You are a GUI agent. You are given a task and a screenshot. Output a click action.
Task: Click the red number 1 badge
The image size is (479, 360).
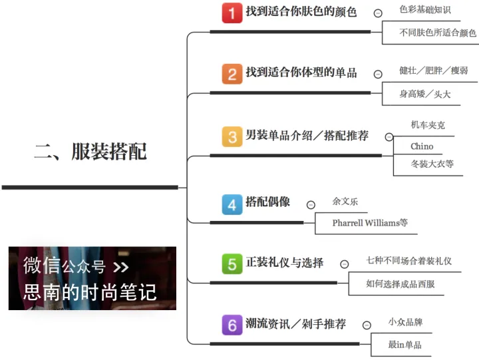tap(232, 13)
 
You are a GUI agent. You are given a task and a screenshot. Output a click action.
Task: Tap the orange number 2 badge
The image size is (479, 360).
tap(232, 74)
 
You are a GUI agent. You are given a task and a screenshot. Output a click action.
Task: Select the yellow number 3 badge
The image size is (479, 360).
tap(232, 136)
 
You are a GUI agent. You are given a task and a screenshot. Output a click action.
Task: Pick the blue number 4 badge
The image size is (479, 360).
tap(232, 204)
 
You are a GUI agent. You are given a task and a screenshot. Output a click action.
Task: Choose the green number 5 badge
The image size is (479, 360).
tap(232, 264)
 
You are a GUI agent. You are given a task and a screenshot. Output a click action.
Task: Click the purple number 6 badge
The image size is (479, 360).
tap(232, 325)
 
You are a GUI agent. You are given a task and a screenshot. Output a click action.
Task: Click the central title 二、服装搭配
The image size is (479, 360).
tap(90, 151)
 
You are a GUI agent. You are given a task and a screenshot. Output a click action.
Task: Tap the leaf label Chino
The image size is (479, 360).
tap(422, 146)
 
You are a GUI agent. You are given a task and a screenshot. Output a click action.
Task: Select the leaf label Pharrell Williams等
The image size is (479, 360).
tap(370, 223)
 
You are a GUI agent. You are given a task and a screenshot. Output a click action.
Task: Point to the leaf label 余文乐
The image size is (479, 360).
tap(345, 201)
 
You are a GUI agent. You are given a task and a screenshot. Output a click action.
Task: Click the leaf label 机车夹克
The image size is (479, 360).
tap(428, 124)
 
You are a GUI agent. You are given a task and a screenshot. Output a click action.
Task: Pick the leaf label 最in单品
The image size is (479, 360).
tap(404, 345)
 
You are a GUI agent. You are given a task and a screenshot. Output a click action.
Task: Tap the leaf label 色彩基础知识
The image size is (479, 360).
tap(425, 9)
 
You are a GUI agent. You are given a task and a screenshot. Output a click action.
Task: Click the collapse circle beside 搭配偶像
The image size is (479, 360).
tap(311, 205)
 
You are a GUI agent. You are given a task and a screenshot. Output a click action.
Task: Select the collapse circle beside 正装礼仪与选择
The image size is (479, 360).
tap(345, 264)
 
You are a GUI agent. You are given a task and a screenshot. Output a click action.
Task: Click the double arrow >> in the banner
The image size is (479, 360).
tap(121, 267)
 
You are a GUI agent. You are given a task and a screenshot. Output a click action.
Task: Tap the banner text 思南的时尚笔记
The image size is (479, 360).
tap(90, 292)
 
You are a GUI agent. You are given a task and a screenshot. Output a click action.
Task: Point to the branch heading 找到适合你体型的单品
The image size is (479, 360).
tap(301, 73)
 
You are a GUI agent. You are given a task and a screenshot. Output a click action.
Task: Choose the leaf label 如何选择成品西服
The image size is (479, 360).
tap(400, 284)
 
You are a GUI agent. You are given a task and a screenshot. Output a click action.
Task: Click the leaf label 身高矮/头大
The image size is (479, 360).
tap(425, 94)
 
